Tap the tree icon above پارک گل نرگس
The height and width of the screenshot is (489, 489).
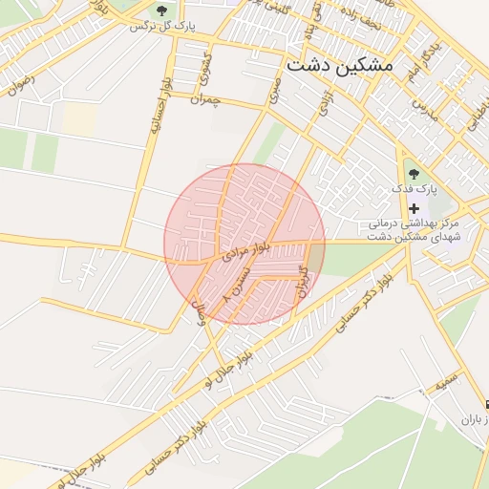[159, 11]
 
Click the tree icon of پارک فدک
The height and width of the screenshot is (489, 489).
[413, 173]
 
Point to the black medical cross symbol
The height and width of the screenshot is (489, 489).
[413, 207]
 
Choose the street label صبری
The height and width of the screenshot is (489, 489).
[276, 90]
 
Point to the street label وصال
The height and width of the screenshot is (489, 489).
[202, 314]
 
